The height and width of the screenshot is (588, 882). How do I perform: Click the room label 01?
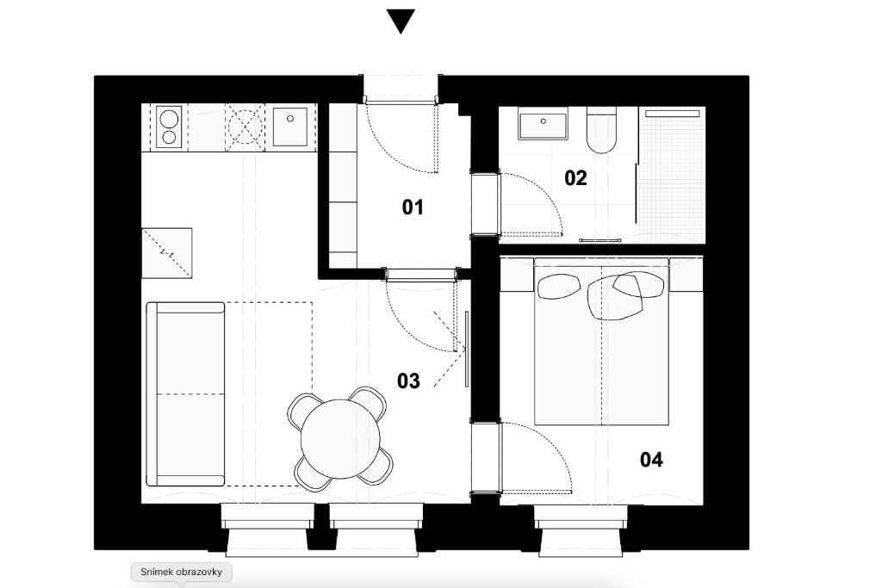coord(413,207)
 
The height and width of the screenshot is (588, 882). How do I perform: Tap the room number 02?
coord(575,178)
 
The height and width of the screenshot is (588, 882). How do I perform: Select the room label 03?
coord(408,381)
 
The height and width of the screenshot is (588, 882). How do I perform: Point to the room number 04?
coord(651,460)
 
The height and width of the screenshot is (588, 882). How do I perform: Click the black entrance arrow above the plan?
coord(401,22)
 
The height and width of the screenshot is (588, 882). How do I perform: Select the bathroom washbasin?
coord(543,124)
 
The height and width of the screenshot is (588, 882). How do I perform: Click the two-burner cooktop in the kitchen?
coord(169,127)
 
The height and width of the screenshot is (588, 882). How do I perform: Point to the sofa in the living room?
coord(185,393)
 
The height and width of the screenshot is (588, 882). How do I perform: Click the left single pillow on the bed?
coord(557,286)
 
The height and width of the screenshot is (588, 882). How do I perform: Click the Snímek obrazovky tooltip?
coord(181,572)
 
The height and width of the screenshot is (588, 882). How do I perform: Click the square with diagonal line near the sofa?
coord(167,252)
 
